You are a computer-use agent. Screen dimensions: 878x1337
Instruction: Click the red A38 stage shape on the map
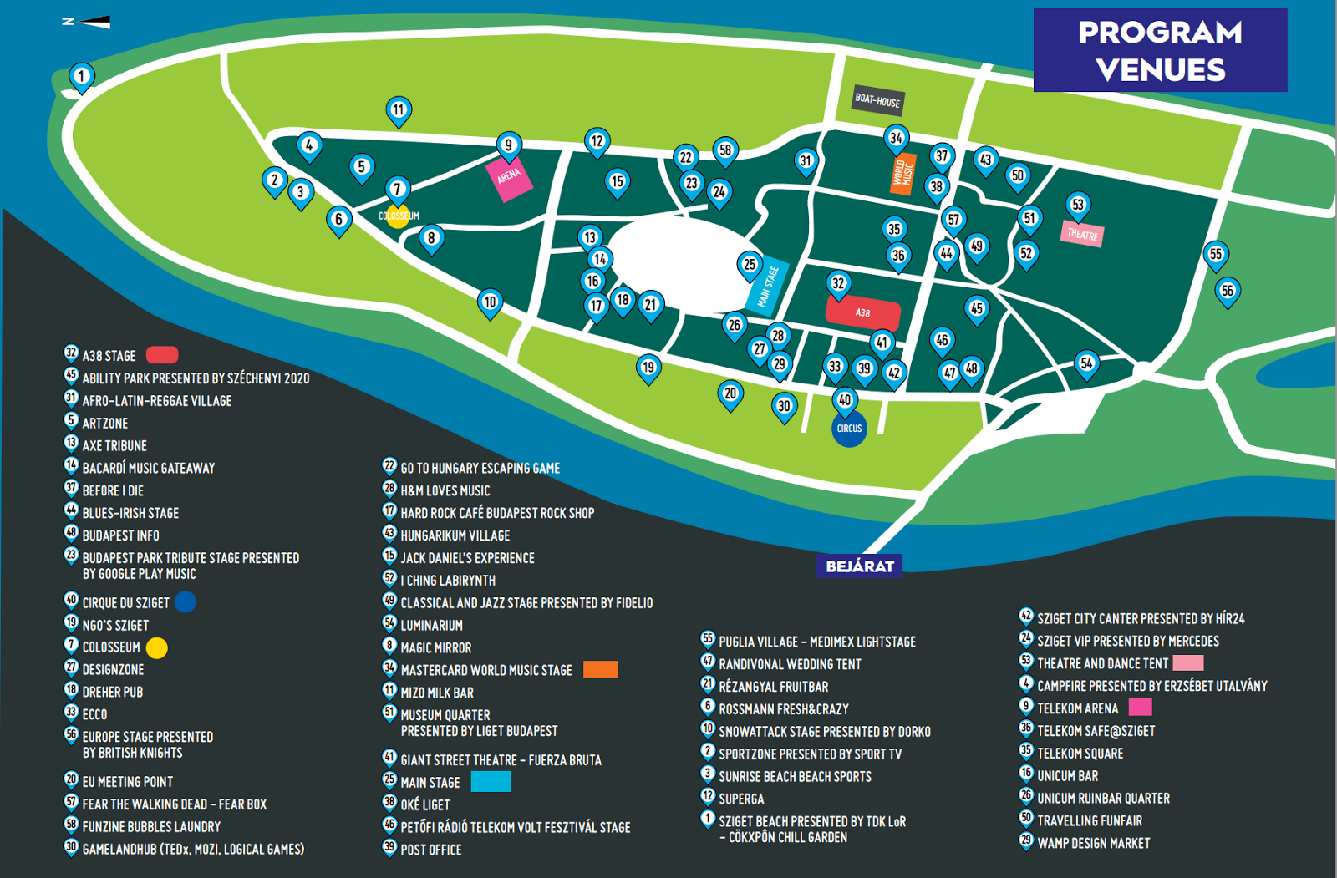[862, 313]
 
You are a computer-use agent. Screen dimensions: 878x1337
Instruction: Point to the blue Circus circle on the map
[849, 429]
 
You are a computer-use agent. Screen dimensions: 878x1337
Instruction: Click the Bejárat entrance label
[859, 566]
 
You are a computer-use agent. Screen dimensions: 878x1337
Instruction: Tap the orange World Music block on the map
[902, 174]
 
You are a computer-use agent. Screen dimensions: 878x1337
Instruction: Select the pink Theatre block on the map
[1082, 235]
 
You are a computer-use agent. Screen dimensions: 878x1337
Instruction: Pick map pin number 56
[1227, 291]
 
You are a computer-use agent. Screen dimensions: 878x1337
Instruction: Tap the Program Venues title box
[1160, 50]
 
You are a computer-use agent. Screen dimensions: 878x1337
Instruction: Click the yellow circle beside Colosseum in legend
[157, 647]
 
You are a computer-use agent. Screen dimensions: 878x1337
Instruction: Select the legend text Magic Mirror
[435, 647]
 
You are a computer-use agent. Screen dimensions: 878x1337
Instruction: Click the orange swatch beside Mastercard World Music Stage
[600, 669]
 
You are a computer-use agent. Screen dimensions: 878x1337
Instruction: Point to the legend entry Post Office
[430, 850]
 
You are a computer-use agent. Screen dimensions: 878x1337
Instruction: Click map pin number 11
[399, 109]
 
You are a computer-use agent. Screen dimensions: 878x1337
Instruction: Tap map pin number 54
[1085, 363]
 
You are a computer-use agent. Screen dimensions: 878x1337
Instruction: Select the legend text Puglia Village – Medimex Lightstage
[816, 642]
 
